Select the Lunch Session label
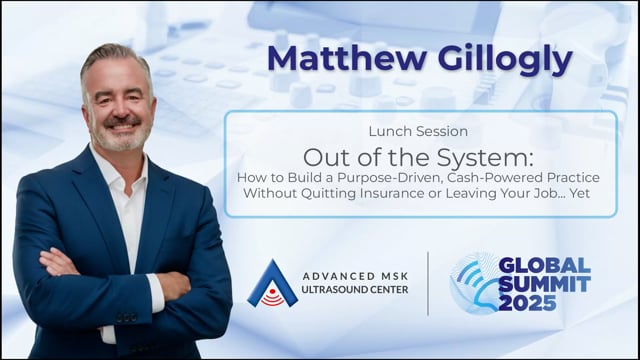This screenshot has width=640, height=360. [418, 131]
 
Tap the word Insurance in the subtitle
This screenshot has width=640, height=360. [393, 193]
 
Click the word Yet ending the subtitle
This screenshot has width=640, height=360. [580, 193]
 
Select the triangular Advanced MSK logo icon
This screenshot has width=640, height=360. [273, 284]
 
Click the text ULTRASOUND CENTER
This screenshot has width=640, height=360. [355, 290]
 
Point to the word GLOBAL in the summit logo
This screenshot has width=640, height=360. [544, 266]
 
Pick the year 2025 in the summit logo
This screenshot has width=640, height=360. [527, 303]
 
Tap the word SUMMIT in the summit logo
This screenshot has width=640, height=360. [544, 284]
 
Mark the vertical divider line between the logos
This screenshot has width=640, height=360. [428, 284]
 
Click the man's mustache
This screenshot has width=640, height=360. [122, 121]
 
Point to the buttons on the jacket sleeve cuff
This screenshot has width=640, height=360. [126, 317]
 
